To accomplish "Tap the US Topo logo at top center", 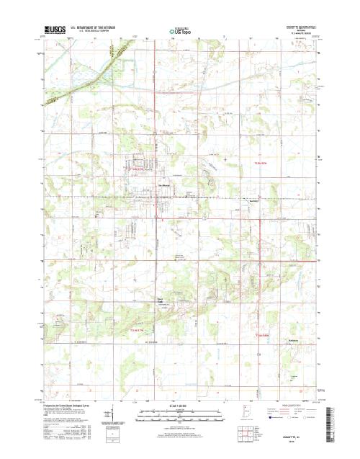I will point(179,32).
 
